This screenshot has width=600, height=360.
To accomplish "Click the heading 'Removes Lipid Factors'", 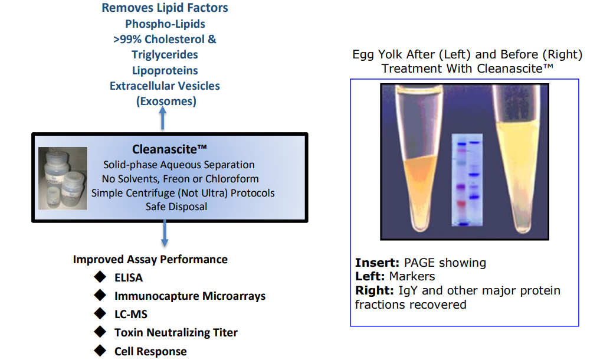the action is point(165,8).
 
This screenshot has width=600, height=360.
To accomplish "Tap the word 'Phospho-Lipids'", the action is point(165,24).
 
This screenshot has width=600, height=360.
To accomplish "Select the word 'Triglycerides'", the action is point(165,55).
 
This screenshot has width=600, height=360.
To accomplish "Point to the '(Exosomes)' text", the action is point(166,102).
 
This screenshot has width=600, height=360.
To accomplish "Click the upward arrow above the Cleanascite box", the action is point(163,118).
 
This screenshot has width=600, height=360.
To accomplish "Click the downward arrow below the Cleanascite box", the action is point(165,233).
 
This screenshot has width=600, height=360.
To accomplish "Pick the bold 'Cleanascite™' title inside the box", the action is point(169,149).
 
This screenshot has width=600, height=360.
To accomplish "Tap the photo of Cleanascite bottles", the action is point(63,178).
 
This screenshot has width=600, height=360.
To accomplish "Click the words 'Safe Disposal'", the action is point(176,207).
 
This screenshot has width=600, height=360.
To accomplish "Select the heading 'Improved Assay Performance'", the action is point(150,260).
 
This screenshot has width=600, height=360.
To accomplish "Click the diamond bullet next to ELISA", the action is point(100,277).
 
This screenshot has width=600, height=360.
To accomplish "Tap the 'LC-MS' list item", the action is point(131,315).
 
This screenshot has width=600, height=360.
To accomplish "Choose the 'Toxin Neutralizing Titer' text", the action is point(176,332).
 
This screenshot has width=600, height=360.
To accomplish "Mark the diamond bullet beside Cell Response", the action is point(100,350).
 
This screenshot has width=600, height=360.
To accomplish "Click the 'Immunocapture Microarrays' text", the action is point(190,296).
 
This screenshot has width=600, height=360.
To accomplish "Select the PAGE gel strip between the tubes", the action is point(467,180).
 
